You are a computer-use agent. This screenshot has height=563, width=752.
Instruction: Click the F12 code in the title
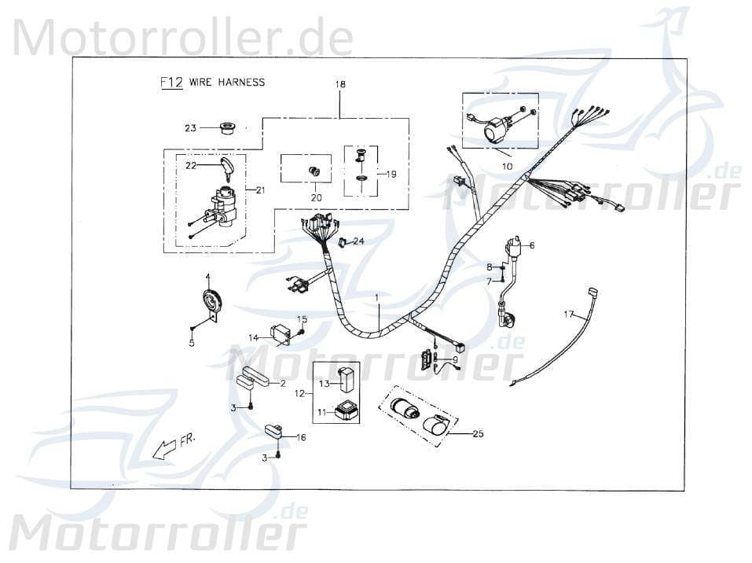(x=171, y=83)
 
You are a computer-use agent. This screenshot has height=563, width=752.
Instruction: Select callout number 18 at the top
(x=340, y=83)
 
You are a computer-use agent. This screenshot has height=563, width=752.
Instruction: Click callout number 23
(x=191, y=128)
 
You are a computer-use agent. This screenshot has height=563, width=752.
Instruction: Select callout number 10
(x=507, y=167)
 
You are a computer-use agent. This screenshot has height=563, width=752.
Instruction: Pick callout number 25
(x=479, y=433)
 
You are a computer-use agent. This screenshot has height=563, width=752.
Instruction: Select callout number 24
(x=359, y=241)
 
